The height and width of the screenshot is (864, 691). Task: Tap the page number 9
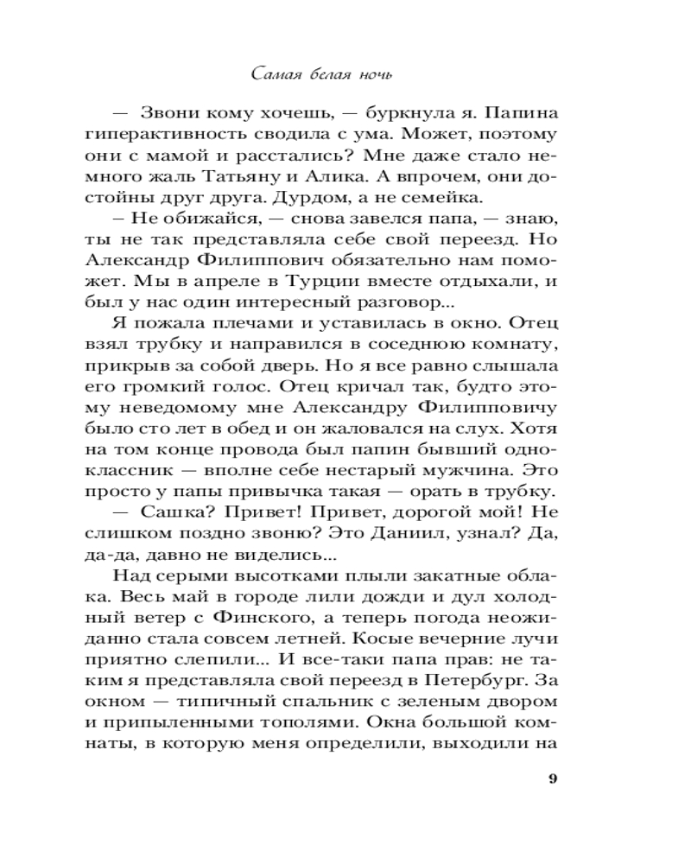click(553, 778)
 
